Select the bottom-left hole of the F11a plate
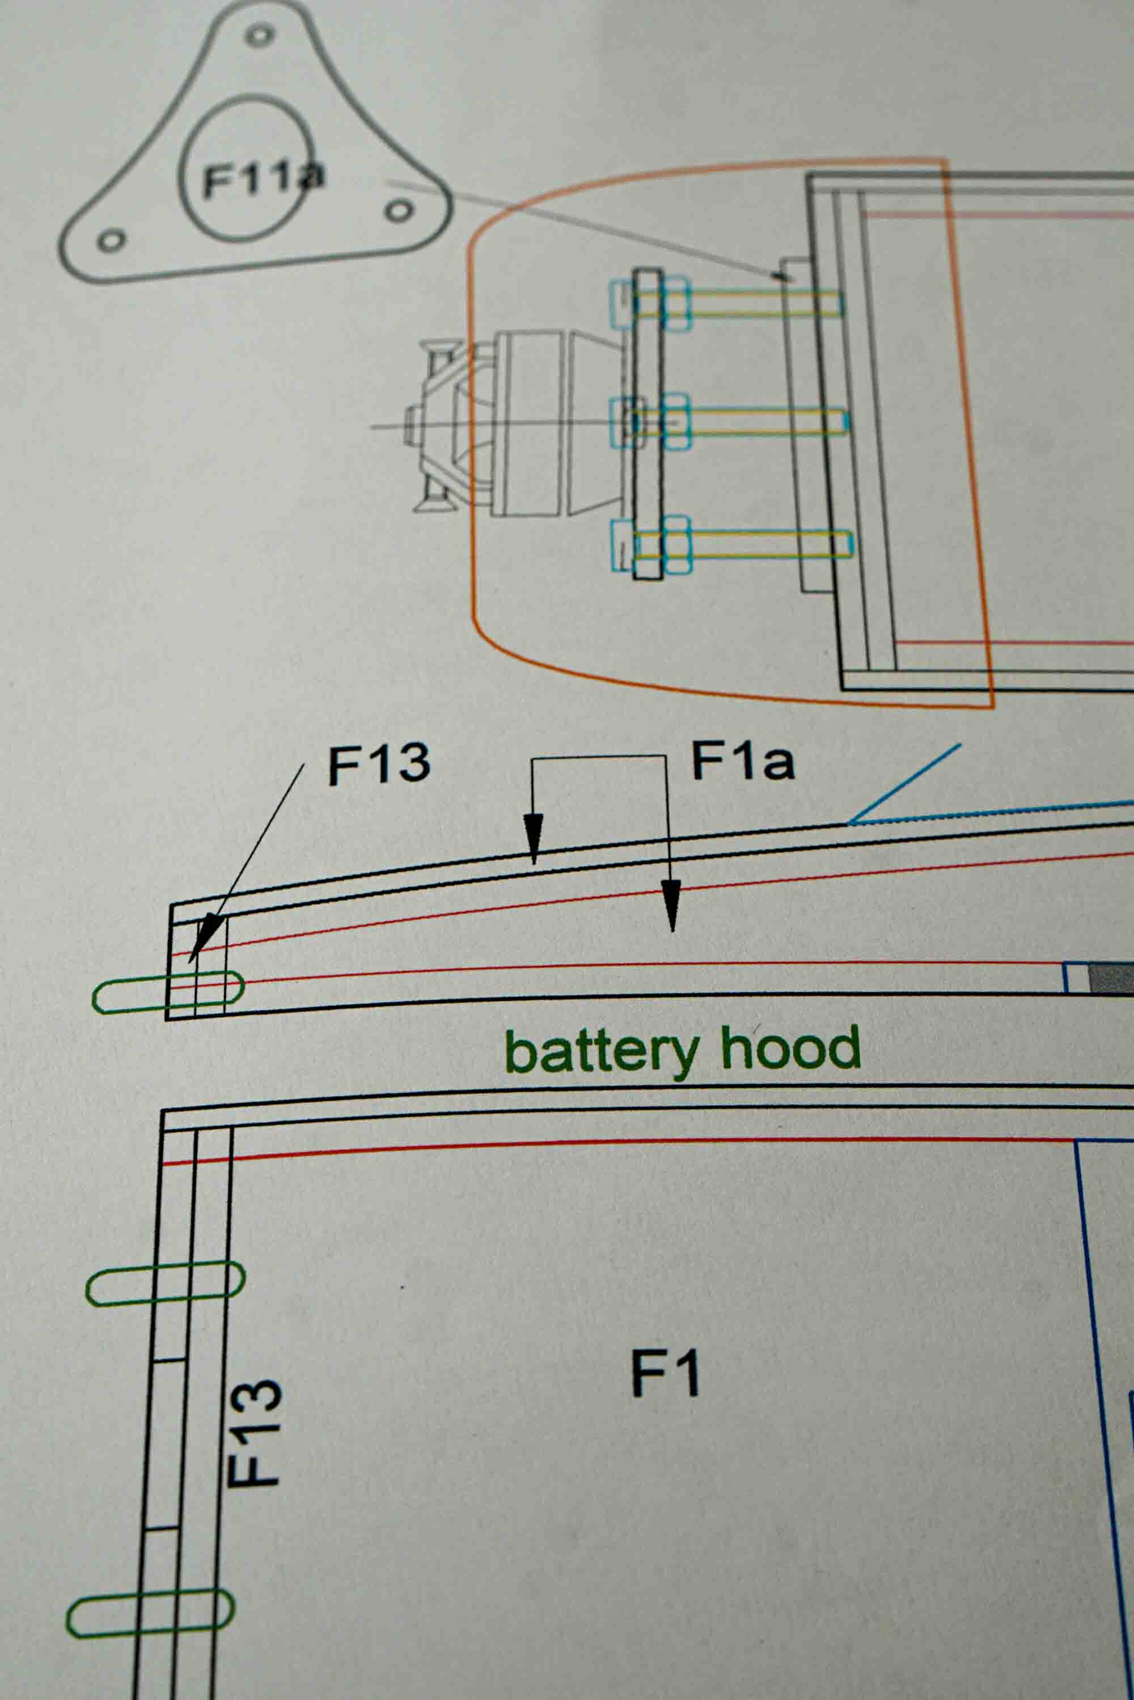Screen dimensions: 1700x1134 pyautogui.click(x=111, y=241)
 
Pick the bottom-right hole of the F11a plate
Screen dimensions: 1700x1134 pyautogui.click(x=399, y=211)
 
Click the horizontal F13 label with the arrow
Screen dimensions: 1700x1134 pyautogui.click(x=379, y=764)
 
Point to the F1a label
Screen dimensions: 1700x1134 pyautogui.click(x=743, y=761)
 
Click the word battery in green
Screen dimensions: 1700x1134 pyautogui.click(x=601, y=1052)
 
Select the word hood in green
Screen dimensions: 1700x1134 pyautogui.click(x=790, y=1048)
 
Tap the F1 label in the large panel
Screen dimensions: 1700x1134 pyautogui.click(x=665, y=1372)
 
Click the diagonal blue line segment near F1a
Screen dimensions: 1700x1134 pyautogui.click(x=904, y=784)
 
